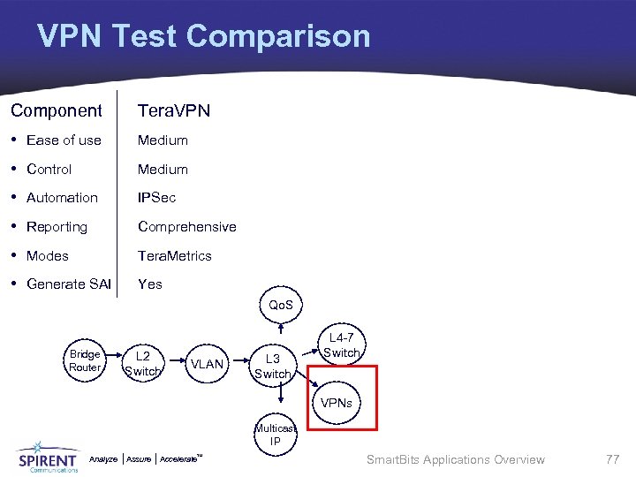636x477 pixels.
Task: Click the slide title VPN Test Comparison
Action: pos(203,36)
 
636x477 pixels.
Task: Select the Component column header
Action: pos(57,110)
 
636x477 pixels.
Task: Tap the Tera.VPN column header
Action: pos(174,110)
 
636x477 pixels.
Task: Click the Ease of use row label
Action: pos(64,140)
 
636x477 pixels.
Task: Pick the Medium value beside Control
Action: pos(163,169)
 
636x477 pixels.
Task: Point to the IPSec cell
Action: pos(156,198)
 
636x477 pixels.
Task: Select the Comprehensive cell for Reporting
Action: pos(186,226)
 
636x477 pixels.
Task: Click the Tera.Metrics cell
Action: pos(174,255)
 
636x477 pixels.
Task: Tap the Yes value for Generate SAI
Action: pos(150,284)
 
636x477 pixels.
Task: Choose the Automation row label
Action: pos(62,198)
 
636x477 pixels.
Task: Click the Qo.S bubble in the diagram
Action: pos(281,305)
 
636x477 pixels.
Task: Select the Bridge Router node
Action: pos(85,360)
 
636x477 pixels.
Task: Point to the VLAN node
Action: pos(207,364)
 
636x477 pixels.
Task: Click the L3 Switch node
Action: pos(272,366)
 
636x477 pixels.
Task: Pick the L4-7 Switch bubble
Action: pos(341,345)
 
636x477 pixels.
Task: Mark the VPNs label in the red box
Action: pos(337,403)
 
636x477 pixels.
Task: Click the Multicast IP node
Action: pos(276,435)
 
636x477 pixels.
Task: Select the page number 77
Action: pos(612,459)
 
